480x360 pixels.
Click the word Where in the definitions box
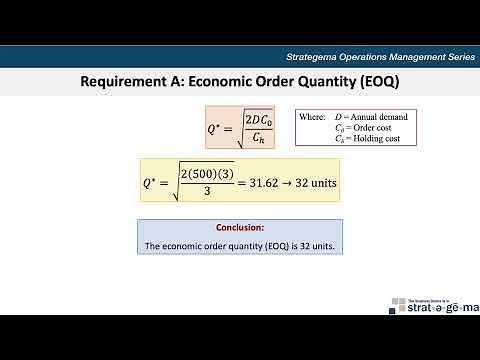[x=315, y=118]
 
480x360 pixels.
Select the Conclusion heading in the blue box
[x=240, y=228]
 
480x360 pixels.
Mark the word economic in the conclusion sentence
[x=183, y=245]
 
